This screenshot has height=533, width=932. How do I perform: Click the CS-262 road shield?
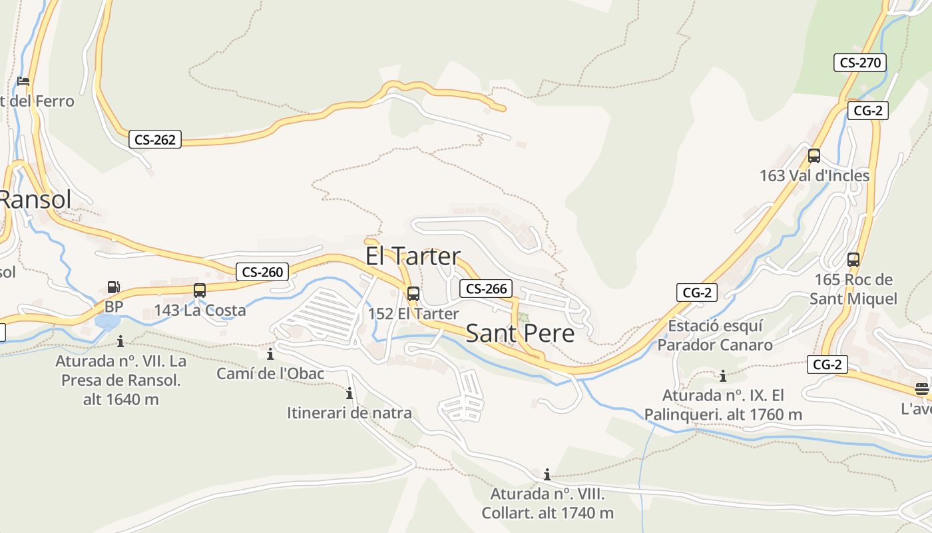(x=154, y=139)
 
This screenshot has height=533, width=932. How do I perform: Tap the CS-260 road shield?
(x=262, y=272)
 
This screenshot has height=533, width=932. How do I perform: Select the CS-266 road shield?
(x=486, y=288)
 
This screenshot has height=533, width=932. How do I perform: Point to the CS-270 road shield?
(x=860, y=63)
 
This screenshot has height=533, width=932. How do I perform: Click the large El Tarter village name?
(x=413, y=257)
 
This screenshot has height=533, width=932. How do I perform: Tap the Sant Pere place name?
(x=520, y=333)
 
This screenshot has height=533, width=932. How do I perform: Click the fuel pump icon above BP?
(x=114, y=288)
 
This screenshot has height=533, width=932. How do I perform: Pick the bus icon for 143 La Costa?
(x=200, y=290)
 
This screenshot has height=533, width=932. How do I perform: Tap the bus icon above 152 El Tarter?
(x=413, y=293)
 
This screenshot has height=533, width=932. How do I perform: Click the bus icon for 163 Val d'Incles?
(x=814, y=157)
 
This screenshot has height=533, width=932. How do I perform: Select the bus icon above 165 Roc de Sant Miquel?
(x=853, y=260)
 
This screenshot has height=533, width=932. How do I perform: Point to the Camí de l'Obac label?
(x=270, y=374)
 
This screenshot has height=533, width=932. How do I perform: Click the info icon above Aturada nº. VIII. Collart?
(x=547, y=474)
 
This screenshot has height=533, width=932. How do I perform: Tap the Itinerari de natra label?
(x=349, y=413)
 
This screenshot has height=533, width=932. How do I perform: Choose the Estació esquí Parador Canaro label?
(x=715, y=336)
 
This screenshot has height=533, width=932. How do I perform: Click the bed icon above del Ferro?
(x=23, y=82)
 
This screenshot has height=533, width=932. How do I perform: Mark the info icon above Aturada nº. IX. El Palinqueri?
(x=722, y=376)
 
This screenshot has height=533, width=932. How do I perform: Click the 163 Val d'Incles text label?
(x=814, y=176)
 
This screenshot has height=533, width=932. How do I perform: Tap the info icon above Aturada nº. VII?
(x=120, y=342)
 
